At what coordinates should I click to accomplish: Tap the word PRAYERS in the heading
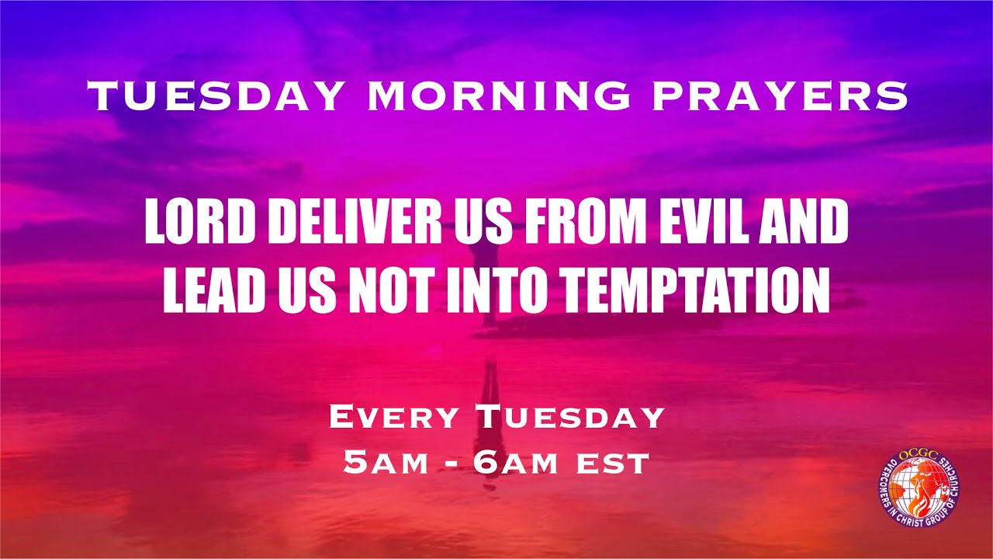779,96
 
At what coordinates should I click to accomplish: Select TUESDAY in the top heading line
216,96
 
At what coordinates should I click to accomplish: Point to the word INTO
500,290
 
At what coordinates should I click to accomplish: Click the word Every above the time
396,417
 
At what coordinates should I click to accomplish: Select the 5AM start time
386,464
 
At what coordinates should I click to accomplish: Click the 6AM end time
514,464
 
